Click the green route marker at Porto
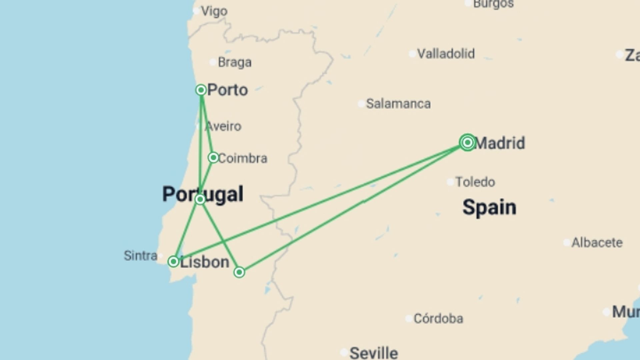tap(201, 90)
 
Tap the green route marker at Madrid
tap(467, 143)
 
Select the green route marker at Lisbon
tap(173, 261)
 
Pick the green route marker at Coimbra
tap(213, 157)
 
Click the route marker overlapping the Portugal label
tap(200, 199)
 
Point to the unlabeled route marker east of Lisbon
tap(239, 272)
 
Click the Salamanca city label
tap(398, 104)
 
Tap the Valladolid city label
tap(446, 54)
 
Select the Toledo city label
tap(475, 182)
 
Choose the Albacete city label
tap(597, 243)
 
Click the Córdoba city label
tap(438, 319)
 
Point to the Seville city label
tap(374, 352)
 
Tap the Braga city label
tap(234, 62)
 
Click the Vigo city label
tap(214, 11)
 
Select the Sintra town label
tap(140, 256)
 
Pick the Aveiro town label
tap(223, 126)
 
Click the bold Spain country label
tap(489, 207)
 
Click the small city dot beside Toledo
tap(450, 182)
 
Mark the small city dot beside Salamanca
tap(361, 104)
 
